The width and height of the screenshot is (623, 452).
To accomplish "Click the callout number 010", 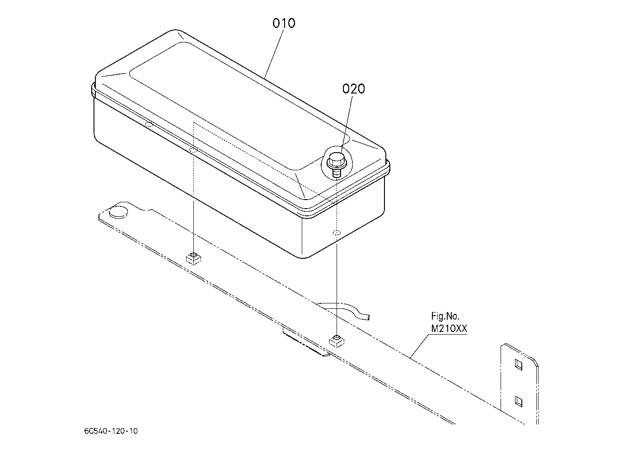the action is [x=284, y=23].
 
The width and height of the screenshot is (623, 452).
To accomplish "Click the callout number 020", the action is [x=353, y=89].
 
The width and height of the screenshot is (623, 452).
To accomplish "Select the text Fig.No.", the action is [x=445, y=317].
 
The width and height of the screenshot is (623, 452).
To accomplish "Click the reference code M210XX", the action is [x=449, y=329].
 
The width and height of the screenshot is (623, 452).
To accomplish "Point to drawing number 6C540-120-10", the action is [x=111, y=431].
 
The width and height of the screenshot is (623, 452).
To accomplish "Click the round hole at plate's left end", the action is [x=118, y=212].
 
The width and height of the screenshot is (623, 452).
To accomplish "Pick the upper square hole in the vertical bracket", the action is [x=519, y=365].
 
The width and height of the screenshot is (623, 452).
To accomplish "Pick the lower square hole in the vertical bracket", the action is [x=519, y=401].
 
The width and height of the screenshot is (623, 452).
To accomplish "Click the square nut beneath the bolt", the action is [x=337, y=341].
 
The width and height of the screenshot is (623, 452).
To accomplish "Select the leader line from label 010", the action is [x=274, y=54].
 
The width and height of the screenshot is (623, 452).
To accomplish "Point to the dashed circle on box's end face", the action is [x=337, y=233].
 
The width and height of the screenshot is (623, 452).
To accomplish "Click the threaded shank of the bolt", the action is [x=337, y=173].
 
